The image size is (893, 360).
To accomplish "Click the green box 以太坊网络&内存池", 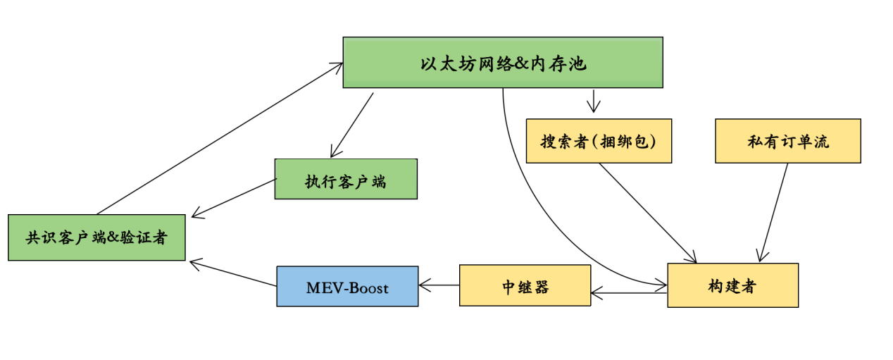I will click(x=502, y=63).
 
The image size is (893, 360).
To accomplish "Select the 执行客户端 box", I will click(x=345, y=179).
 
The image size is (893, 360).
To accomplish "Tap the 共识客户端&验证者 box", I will click(x=96, y=237).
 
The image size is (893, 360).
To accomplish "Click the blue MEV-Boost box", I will click(x=347, y=286).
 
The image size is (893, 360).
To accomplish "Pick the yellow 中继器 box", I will click(x=525, y=285).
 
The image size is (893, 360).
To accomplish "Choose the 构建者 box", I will click(x=732, y=285).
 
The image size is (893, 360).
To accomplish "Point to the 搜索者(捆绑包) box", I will click(x=599, y=141).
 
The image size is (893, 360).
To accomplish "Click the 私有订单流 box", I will click(x=788, y=141).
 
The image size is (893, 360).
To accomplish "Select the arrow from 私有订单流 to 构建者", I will click(x=773, y=212).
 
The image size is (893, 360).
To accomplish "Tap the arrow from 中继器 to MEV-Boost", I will click(x=439, y=285).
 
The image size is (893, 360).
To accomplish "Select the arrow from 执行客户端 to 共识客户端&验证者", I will click(x=232, y=198).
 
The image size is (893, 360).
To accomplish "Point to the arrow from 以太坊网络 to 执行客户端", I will click(x=352, y=124).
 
